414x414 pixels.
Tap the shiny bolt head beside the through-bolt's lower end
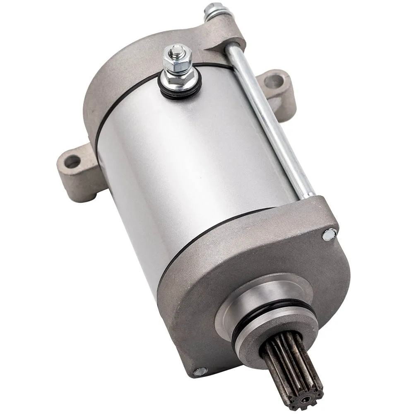[x=329, y=235]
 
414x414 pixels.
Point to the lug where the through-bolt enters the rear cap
[x=224, y=33]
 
